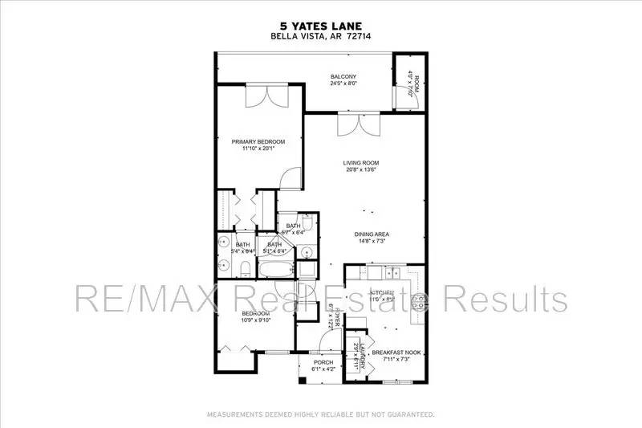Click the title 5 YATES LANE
(321, 25)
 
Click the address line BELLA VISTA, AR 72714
(321, 37)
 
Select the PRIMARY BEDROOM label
(254, 141)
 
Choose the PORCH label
(323, 361)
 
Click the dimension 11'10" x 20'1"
(254, 148)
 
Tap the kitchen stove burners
(418, 302)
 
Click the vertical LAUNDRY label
(363, 353)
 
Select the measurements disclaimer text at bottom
(321, 414)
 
